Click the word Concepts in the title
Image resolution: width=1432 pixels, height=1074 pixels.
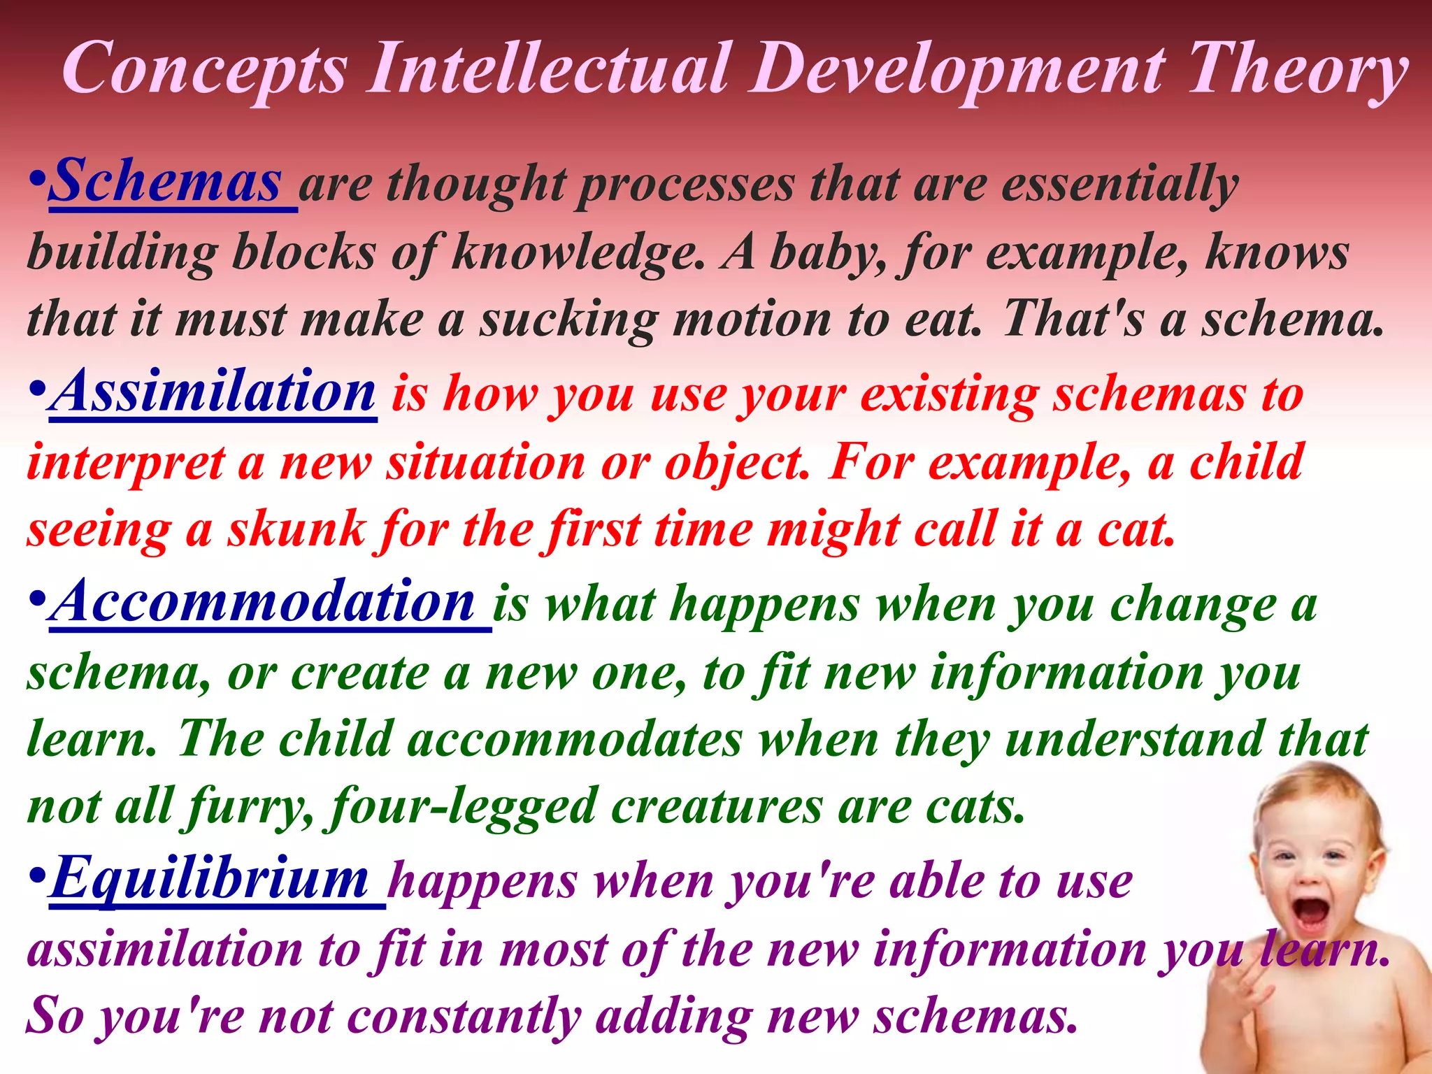[x=204, y=69]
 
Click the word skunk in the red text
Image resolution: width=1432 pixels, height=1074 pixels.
[x=296, y=529]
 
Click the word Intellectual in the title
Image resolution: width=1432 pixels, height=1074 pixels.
[x=551, y=69]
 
